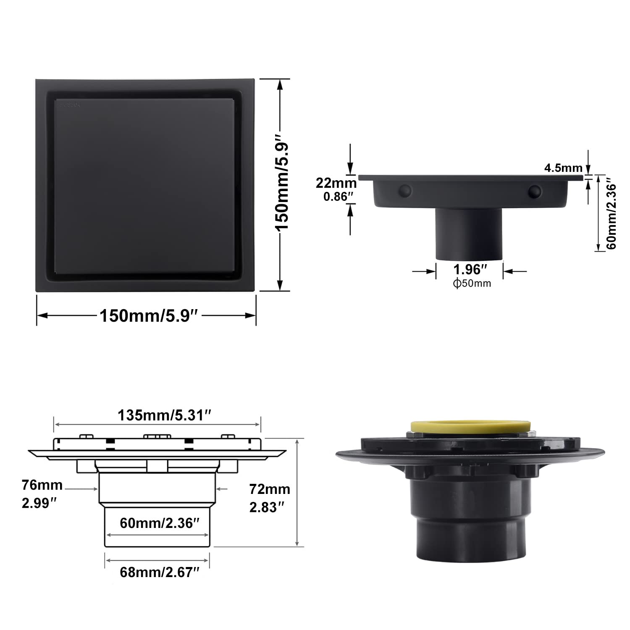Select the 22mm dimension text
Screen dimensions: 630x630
(336, 183)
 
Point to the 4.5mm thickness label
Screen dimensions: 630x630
(564, 168)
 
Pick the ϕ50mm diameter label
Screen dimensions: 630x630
(472, 283)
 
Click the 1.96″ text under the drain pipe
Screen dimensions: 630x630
(470, 269)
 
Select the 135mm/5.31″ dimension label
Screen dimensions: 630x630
(164, 415)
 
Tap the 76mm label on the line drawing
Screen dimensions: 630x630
(42, 486)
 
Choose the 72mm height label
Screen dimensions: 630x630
(270, 489)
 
